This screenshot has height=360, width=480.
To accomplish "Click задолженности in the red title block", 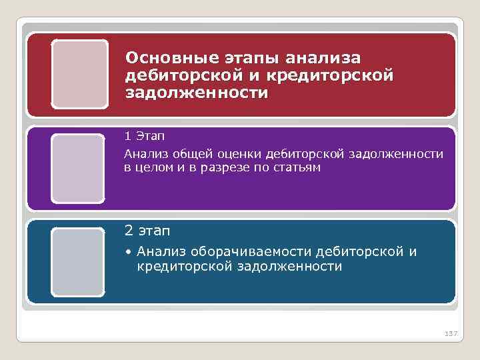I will click(197, 92).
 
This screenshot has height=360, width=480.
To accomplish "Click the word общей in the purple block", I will click(185, 154).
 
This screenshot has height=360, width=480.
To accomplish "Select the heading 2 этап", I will click(147, 231).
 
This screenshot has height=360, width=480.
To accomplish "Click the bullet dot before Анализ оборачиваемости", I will click(128, 252).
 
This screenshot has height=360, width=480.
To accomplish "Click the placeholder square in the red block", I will click(79, 73).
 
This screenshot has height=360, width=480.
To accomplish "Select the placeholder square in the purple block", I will click(78, 168).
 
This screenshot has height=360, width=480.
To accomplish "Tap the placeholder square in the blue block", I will click(78, 262).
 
